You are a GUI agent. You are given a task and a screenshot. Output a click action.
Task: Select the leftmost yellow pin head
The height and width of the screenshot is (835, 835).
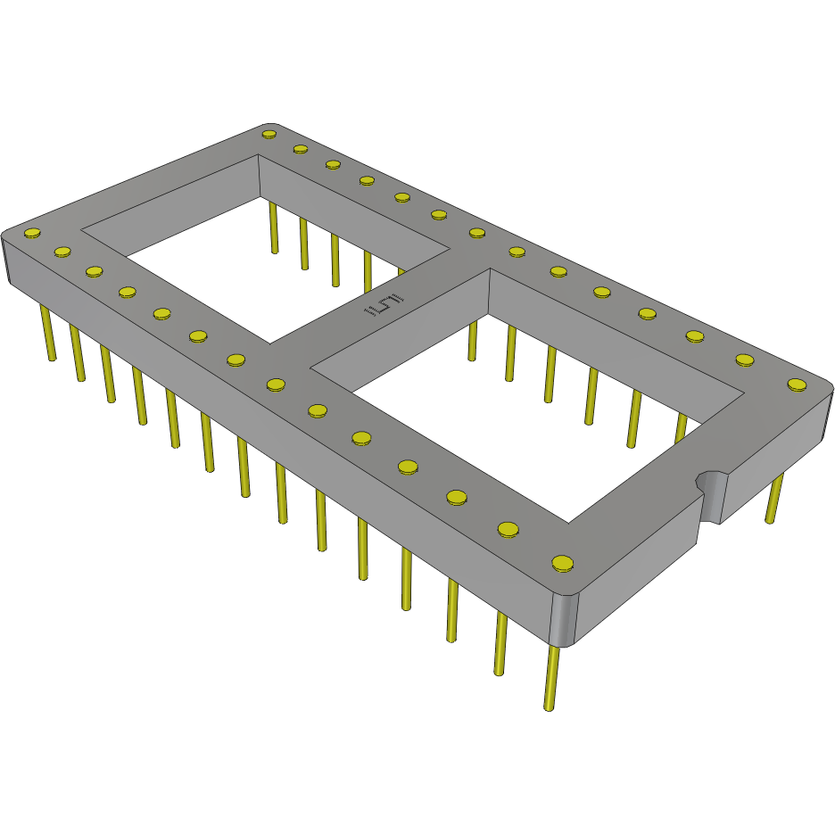(x=32, y=234)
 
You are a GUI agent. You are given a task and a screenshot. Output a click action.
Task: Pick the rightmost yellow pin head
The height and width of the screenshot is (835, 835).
(x=797, y=384)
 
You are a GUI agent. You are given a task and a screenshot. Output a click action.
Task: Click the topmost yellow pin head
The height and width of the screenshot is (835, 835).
(x=269, y=134)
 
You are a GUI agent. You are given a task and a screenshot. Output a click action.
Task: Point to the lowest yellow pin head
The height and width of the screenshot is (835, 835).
(x=562, y=563)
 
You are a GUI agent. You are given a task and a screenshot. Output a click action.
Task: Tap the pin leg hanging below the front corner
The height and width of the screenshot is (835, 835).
(x=552, y=678)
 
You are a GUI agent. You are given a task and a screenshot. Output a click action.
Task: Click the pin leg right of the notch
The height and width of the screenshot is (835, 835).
(x=775, y=500)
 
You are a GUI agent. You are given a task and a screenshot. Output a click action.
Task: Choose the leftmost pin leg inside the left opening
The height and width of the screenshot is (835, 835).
(x=273, y=227)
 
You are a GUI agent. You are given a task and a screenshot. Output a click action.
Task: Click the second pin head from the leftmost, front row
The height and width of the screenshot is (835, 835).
(x=62, y=252)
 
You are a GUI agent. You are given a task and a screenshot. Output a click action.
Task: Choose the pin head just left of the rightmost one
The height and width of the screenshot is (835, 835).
(x=745, y=360)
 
